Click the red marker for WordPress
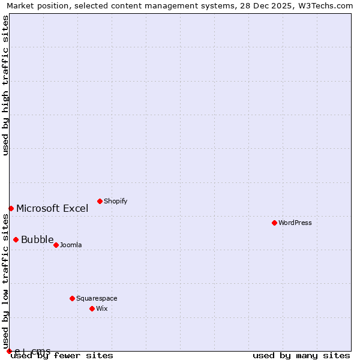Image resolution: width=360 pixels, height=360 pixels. [274, 223]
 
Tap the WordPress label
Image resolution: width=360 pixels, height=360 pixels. [295, 223]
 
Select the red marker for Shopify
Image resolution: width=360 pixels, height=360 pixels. [100, 201]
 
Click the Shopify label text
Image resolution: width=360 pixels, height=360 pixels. [115, 201]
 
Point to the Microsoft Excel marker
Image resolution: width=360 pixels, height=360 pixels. [11, 208]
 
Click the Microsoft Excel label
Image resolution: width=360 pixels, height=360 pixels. [52, 209]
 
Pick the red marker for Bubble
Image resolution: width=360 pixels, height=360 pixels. [16, 239]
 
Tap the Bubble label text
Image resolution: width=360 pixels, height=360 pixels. [37, 240]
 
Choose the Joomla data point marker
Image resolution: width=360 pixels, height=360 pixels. [56, 245]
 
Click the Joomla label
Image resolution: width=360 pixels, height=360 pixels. [71, 245]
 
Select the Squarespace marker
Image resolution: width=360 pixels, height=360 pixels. [72, 298]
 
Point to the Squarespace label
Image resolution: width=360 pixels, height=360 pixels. [97, 298]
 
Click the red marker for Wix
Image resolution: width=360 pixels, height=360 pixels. [92, 308]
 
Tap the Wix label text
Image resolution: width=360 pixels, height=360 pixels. [102, 308]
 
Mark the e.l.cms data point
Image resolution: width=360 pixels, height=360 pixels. [9, 351]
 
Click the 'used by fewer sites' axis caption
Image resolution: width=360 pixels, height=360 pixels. [62, 356]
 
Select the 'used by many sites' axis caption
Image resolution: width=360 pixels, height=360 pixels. [301, 356]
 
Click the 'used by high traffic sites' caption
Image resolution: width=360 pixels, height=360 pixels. [5, 85]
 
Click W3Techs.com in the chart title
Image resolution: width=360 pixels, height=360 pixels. [328, 6]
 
